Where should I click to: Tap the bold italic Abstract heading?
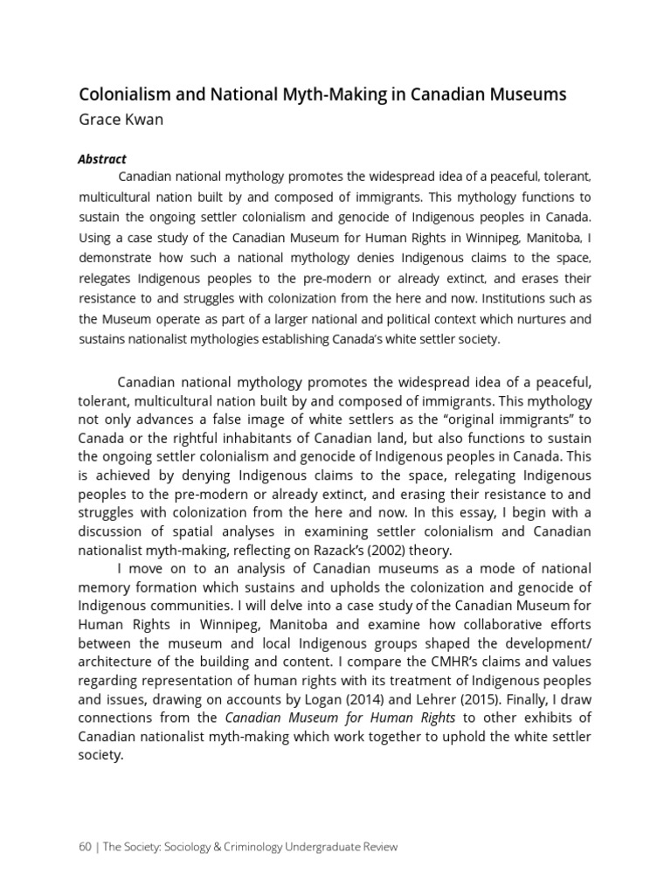pos(102,159)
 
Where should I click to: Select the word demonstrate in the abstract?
pos(116,258)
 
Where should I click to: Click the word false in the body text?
pos(259,419)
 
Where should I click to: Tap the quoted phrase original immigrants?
pos(515,419)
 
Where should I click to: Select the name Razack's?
pos(354,549)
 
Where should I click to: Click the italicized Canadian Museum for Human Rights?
pos(341,718)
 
